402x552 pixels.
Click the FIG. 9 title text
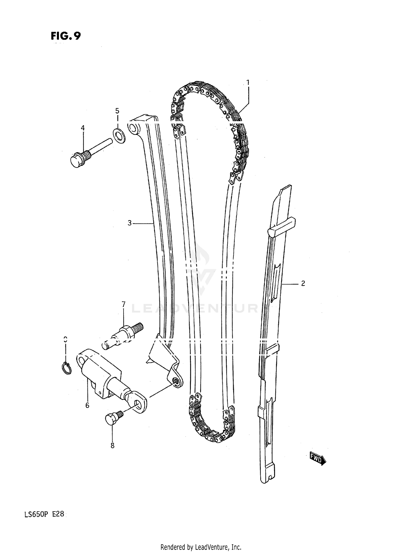(65, 36)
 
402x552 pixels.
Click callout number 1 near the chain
(248, 82)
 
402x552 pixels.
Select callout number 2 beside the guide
(303, 283)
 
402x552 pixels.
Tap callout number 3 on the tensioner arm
(129, 223)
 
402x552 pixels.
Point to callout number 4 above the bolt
(117, 111)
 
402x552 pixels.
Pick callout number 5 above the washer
(87, 406)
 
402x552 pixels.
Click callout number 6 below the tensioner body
(123, 304)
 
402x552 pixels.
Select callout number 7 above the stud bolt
(112, 445)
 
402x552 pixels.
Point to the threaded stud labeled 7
(123, 336)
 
